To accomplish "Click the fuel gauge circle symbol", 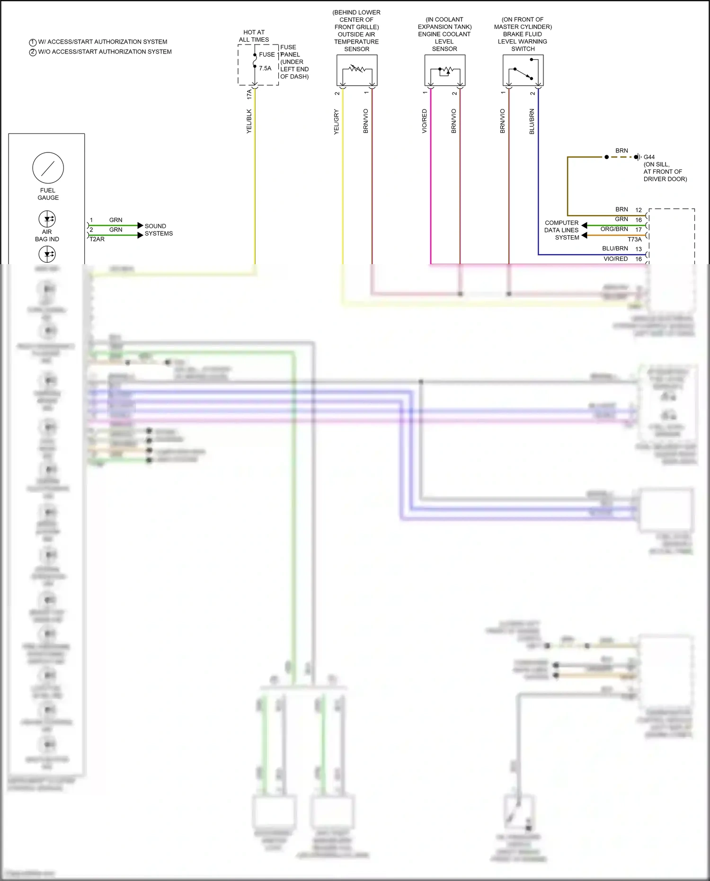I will pos(48,168).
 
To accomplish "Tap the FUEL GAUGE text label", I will pos(48,194).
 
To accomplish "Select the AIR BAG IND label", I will pos(47,235).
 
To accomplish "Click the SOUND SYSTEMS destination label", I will pos(159,230).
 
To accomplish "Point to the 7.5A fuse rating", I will pos(265,68).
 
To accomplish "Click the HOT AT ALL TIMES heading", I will pos(254,36).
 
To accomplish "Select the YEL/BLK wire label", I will pos(249,121).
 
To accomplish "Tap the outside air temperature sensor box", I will pos(357,70).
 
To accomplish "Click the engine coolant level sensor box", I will pos(444,70).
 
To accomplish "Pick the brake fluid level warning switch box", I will pos(523,70).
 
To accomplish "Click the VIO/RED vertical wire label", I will pos(425,121).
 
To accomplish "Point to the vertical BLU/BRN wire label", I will pos(532,121).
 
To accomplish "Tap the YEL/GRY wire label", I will pos(337,122).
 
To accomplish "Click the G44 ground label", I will pos(649,157).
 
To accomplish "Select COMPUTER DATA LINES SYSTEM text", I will pos(562,230).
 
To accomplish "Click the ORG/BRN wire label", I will pos(614,229).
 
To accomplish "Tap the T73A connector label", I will pos(634,239).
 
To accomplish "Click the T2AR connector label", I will pos(97,239).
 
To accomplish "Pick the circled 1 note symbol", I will pos(33,42).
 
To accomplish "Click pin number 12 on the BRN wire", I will pos(638,210).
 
